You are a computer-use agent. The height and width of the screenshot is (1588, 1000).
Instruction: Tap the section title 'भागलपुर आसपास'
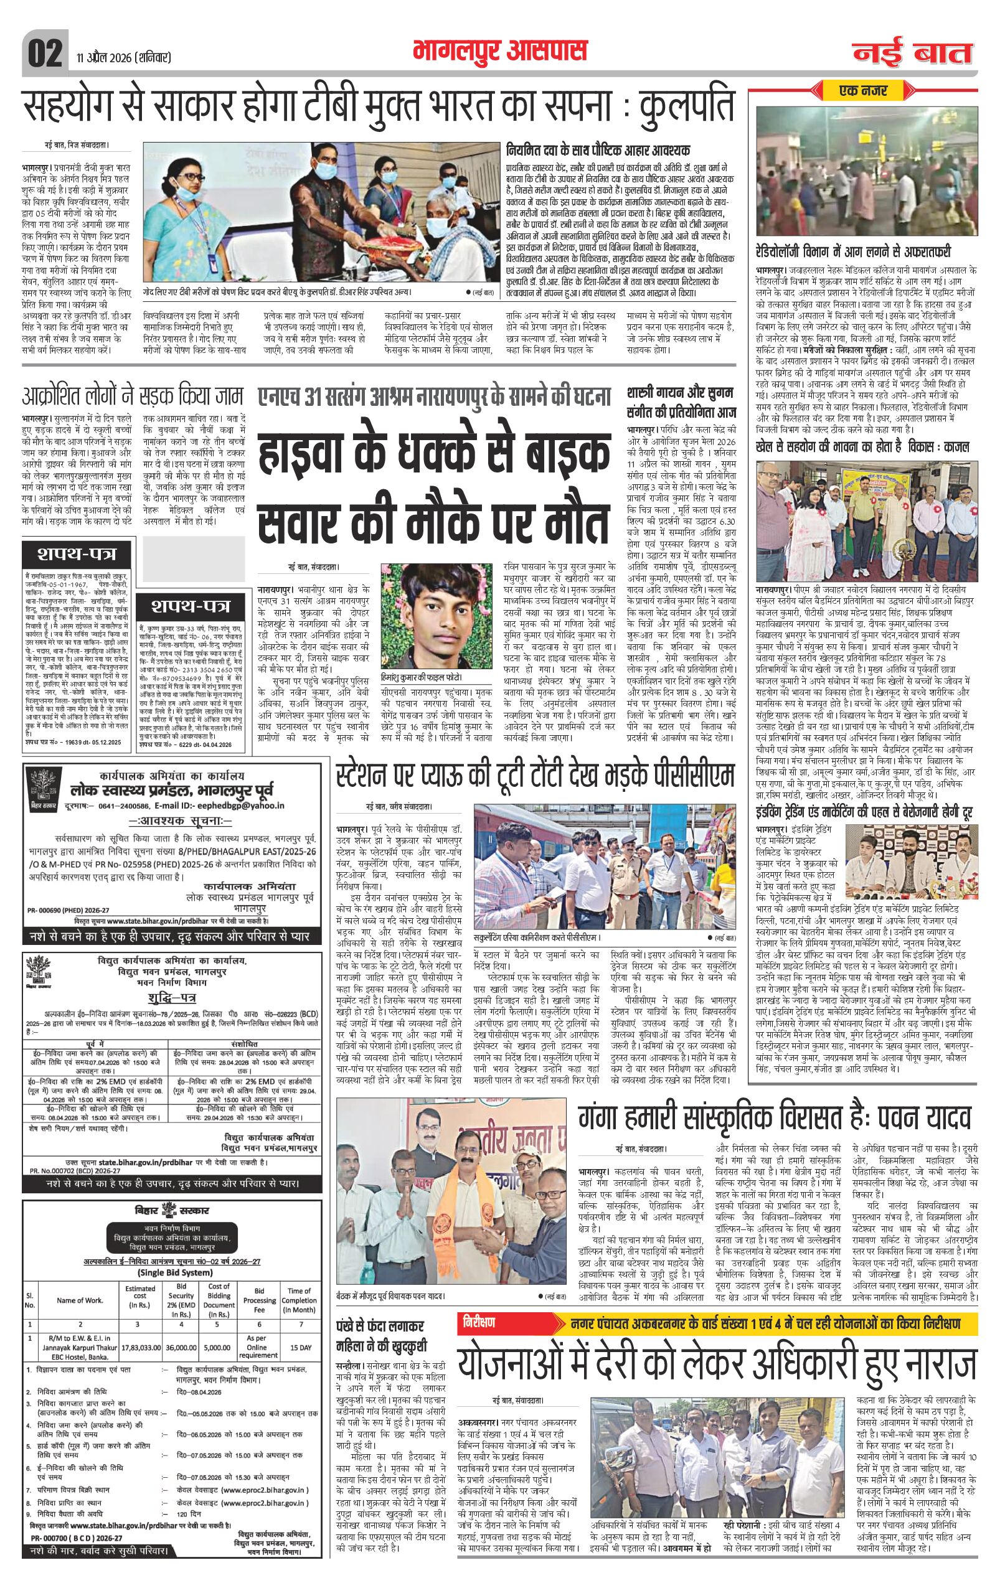pyautogui.click(x=499, y=51)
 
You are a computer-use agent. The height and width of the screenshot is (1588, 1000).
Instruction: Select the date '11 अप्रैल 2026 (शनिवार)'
pyautogui.click(x=122, y=58)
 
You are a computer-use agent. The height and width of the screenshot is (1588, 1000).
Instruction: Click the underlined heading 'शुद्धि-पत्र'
pyautogui.click(x=169, y=998)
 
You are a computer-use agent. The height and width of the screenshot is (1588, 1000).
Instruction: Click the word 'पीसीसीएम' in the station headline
pyautogui.click(x=691, y=776)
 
